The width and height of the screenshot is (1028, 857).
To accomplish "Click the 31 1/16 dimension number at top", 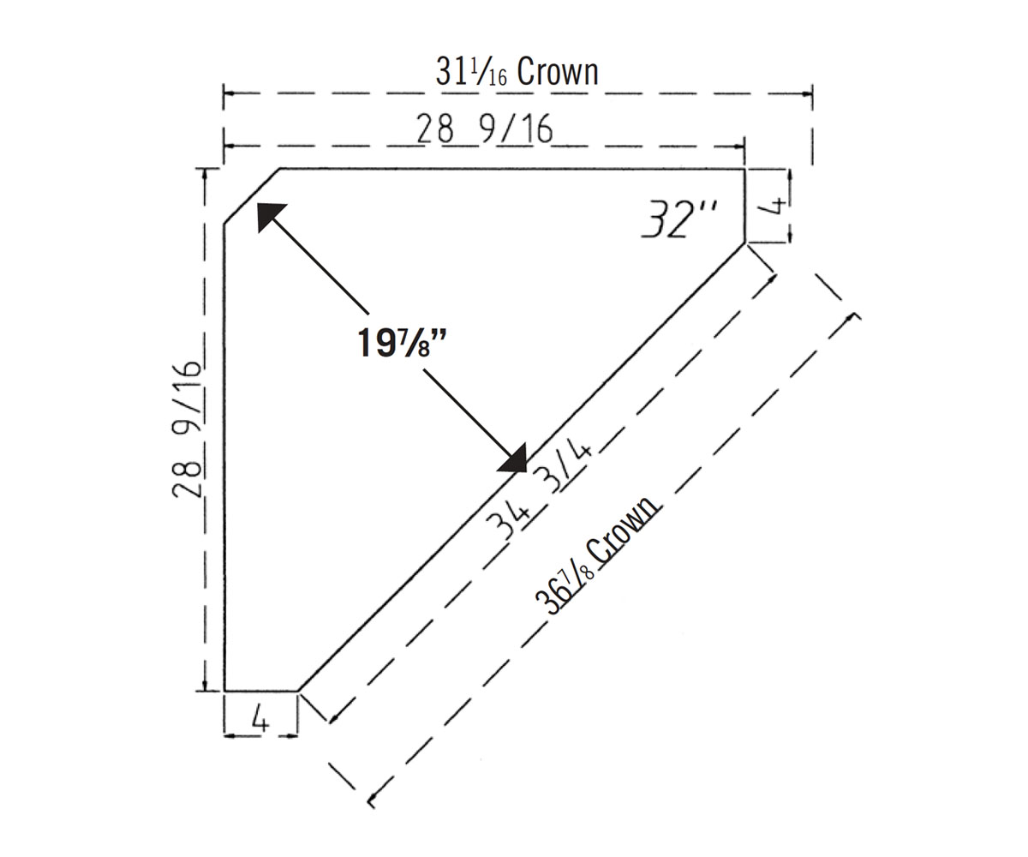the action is click(x=471, y=72).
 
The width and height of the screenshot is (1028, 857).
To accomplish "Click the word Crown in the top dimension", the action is click(x=558, y=72).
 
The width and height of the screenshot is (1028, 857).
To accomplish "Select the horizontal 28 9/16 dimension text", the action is click(x=485, y=129).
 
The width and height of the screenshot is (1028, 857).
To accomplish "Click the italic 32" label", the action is click(x=680, y=219).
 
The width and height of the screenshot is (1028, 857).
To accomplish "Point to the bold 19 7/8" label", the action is click(x=402, y=343).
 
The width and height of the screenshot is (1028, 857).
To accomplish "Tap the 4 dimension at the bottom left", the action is click(x=260, y=720).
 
